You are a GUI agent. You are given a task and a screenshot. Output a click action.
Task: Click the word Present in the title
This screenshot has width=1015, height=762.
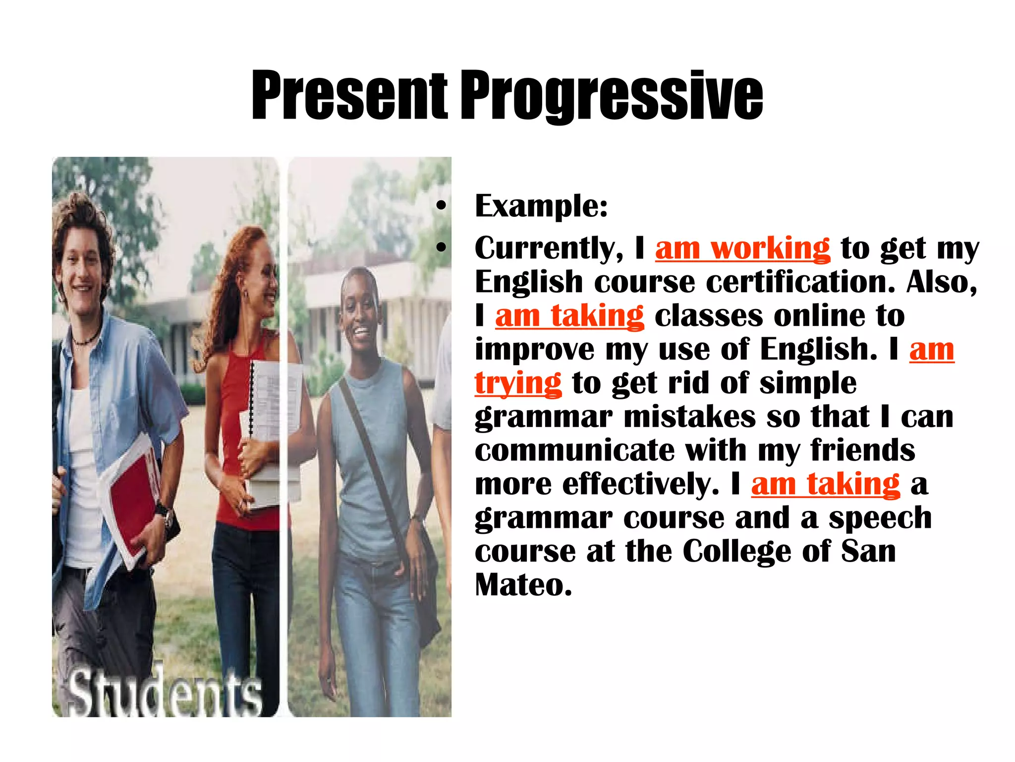coord(349,95)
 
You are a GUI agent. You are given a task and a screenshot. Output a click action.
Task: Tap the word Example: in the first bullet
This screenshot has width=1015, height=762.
coord(541,206)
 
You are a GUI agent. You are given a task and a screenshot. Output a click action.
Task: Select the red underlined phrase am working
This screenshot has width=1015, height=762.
coord(742,248)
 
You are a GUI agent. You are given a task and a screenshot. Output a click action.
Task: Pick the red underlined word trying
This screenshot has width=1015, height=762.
coord(518,383)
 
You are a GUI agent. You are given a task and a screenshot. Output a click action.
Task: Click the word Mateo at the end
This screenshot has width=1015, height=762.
coord(523,585)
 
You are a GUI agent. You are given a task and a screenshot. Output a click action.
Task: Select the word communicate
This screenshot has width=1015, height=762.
coord(574,450)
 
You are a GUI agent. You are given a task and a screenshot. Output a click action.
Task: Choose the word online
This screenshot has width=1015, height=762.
coord(819,316)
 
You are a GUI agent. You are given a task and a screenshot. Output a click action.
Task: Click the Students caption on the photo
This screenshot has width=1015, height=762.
coord(164,692)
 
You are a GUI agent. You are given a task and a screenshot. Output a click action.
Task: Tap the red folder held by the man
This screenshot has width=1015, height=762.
coord(131,501)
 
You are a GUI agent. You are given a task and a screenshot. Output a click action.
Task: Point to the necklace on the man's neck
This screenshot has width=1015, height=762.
coord(87,340)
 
